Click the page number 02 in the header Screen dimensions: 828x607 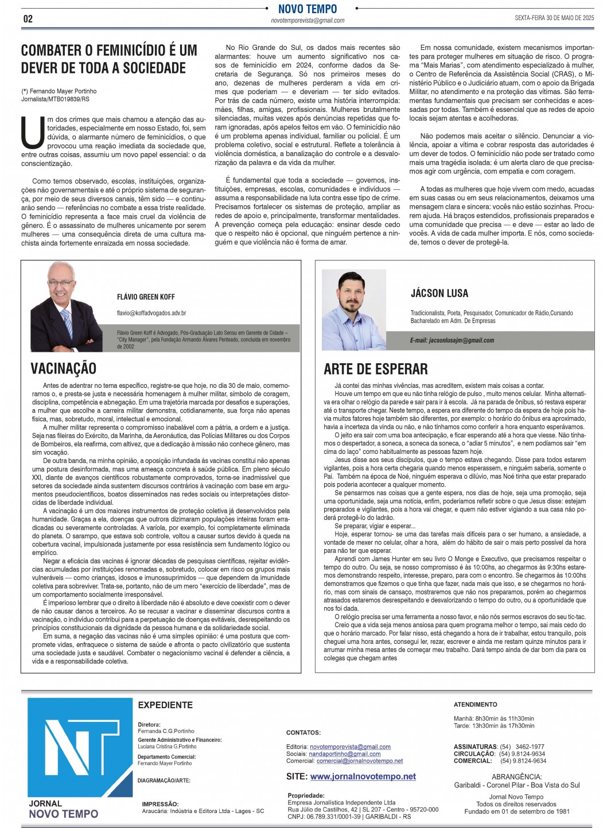(x=28, y=19)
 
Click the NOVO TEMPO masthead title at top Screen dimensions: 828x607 (x=308, y=9)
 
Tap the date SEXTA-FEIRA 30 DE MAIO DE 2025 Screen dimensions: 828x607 (x=554, y=18)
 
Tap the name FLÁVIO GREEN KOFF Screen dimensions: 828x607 (x=146, y=297)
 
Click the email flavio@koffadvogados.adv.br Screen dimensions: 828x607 (x=151, y=313)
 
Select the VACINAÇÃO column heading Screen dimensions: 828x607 (x=63, y=368)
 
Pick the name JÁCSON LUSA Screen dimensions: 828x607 (x=439, y=293)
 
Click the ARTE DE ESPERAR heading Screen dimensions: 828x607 (x=376, y=368)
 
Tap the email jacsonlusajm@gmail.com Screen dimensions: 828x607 (x=452, y=340)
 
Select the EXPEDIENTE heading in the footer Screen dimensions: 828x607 (x=165, y=705)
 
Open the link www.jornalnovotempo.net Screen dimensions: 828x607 (x=363, y=776)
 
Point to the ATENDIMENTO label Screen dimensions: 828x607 (x=476, y=704)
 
